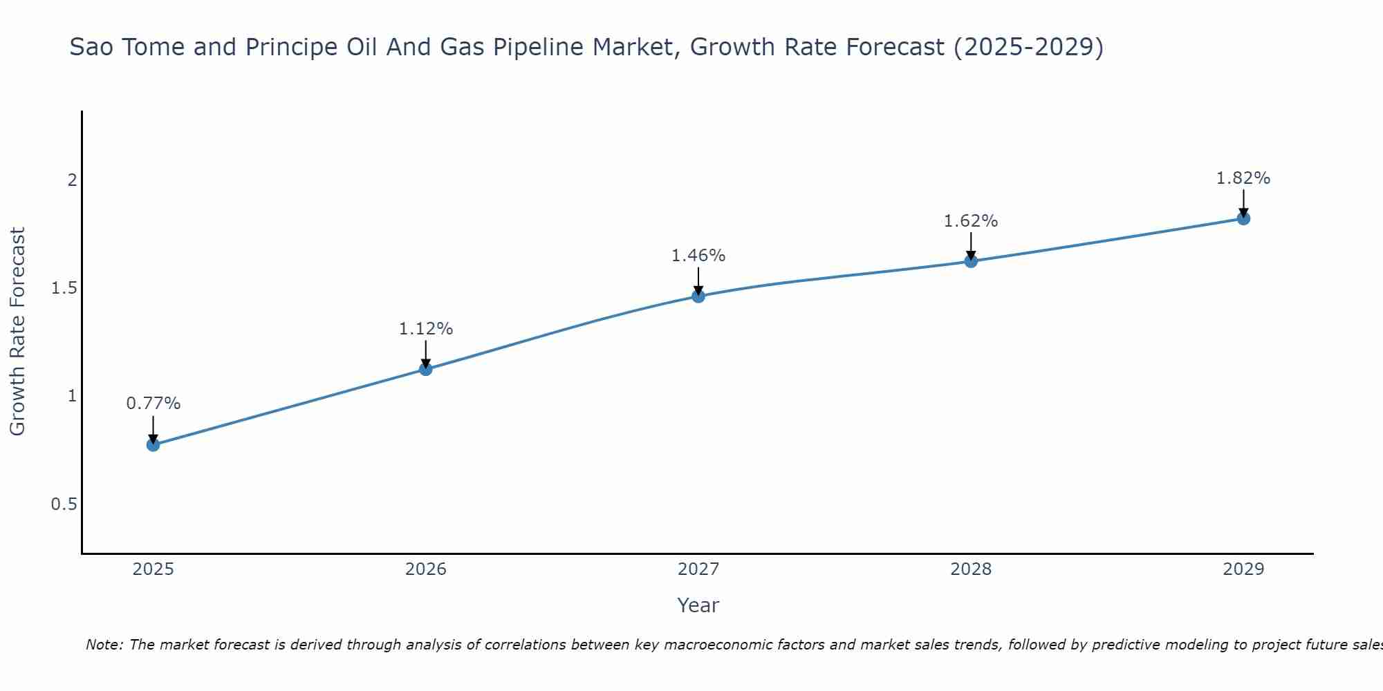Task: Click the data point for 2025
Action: (154, 444)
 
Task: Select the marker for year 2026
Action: (426, 369)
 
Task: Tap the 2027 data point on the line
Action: (698, 296)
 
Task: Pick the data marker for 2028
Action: (971, 261)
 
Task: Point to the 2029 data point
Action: (1243, 218)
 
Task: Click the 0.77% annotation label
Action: (154, 404)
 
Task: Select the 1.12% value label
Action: (426, 329)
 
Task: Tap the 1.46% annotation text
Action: (698, 256)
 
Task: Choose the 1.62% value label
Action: (971, 221)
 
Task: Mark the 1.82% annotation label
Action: (1243, 178)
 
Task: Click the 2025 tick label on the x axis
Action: (154, 569)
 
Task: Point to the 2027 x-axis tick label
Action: (698, 569)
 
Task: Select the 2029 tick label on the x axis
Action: (1243, 569)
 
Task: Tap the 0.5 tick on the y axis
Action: (64, 504)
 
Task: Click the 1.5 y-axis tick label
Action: (64, 288)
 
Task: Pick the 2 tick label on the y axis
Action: (71, 180)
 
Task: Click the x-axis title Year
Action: (698, 605)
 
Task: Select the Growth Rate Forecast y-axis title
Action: (18, 332)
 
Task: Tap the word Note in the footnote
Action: (104, 645)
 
